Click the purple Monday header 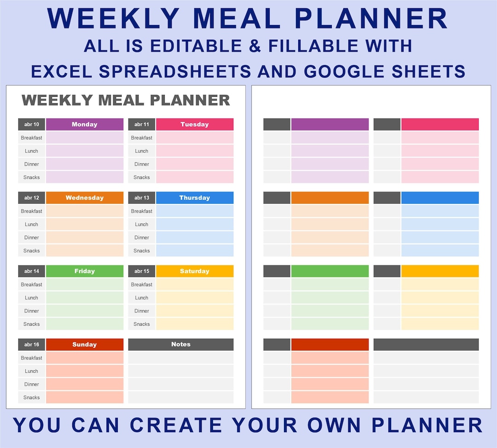85,124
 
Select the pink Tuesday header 195,124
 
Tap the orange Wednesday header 85,198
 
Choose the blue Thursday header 195,198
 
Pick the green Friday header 85,271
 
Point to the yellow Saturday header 195,271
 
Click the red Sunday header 85,344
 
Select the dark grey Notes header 181,344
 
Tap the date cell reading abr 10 32,124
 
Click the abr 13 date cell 142,198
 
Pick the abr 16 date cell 32,344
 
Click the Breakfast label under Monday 32,138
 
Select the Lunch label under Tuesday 142,151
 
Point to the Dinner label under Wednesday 32,237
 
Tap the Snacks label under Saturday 142,324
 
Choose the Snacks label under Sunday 32,397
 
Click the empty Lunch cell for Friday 85,298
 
